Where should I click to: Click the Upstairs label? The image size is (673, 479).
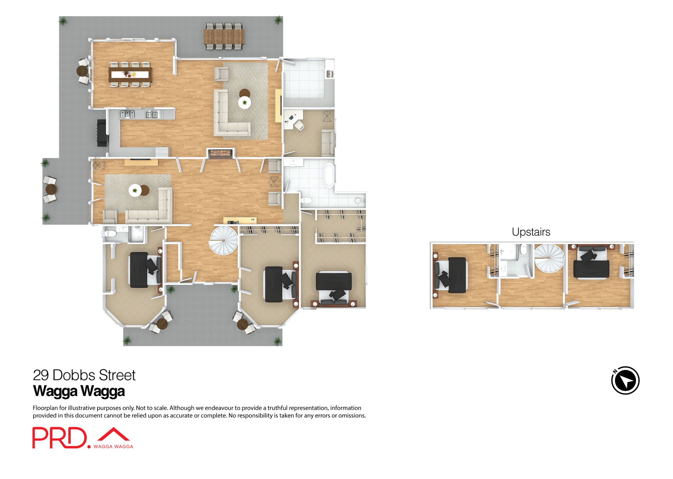pyautogui.click(x=531, y=232)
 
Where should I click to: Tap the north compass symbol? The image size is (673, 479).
pyautogui.click(x=625, y=380)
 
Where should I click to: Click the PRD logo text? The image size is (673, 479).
pyautogui.click(x=59, y=438)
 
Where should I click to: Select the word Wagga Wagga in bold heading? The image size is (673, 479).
pyautogui.click(x=79, y=391)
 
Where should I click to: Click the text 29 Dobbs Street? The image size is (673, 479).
pyautogui.click(x=84, y=375)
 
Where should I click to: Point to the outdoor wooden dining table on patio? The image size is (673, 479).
pyautogui.click(x=224, y=36)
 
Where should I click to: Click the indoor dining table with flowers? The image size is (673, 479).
pyautogui.click(x=130, y=74)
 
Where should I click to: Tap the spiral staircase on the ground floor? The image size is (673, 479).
pyautogui.click(x=224, y=241)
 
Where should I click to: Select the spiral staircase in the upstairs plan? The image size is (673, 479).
pyautogui.click(x=549, y=258)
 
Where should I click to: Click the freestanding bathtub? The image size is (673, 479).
pyautogui.click(x=329, y=175)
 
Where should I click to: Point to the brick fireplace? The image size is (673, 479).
pyautogui.click(x=220, y=154)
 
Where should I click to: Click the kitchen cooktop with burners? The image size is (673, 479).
pyautogui.click(x=127, y=114)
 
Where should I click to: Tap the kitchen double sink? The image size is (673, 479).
pyautogui.click(x=152, y=114)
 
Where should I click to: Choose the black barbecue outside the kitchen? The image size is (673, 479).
pyautogui.click(x=101, y=133)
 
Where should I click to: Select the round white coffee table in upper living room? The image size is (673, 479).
pyautogui.click(x=244, y=103)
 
